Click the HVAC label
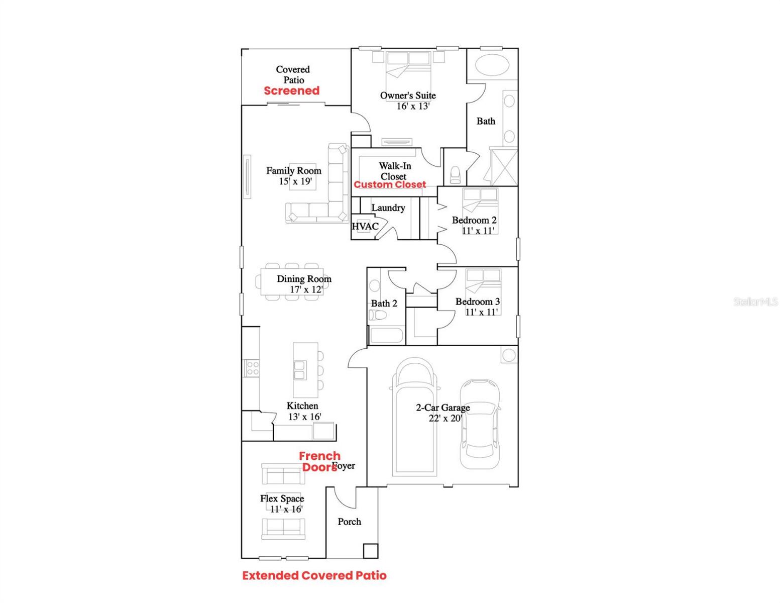point(365,227)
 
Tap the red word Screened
point(292,91)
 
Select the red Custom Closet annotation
point(390,184)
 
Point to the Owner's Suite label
point(408,95)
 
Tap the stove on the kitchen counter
point(251,368)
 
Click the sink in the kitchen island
point(300,370)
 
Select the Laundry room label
point(388,208)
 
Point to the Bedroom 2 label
point(474,220)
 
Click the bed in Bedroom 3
point(483,284)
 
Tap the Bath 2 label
point(384,304)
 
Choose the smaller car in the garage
point(480,425)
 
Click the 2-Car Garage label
point(443,408)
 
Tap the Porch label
point(350,522)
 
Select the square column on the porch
point(370,551)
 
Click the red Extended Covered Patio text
point(314,576)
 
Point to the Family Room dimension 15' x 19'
point(296,181)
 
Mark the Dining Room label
point(304,279)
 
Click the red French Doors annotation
point(319,461)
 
